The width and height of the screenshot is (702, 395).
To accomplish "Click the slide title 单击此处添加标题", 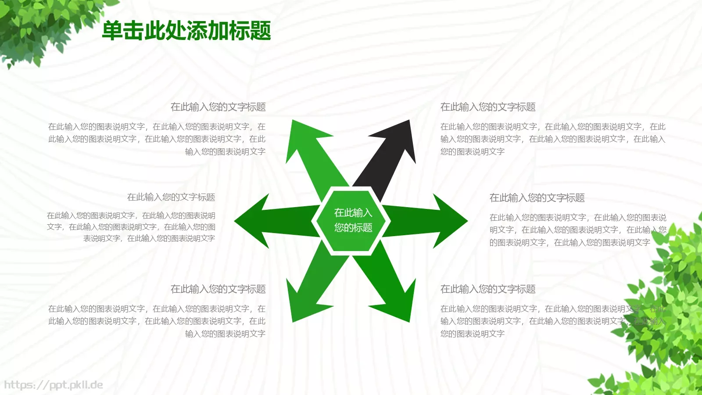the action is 186,31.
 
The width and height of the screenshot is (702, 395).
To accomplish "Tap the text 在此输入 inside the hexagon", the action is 353,213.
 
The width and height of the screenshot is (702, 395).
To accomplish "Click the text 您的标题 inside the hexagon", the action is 353,227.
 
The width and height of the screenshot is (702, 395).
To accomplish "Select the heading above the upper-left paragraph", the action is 218,107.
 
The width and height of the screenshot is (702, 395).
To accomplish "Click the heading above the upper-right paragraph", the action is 488,107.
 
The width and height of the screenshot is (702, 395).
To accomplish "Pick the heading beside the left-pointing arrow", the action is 171,197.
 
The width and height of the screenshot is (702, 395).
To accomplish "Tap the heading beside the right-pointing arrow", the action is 537,198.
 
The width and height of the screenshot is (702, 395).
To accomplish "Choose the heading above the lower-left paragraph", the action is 218,289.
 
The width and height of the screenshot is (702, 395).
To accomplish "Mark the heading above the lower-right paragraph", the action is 488,289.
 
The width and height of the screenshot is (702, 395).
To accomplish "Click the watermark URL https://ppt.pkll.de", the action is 54,385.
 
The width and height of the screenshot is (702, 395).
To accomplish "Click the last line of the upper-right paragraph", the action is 473,151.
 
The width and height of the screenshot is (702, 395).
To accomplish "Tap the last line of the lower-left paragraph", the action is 225,334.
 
